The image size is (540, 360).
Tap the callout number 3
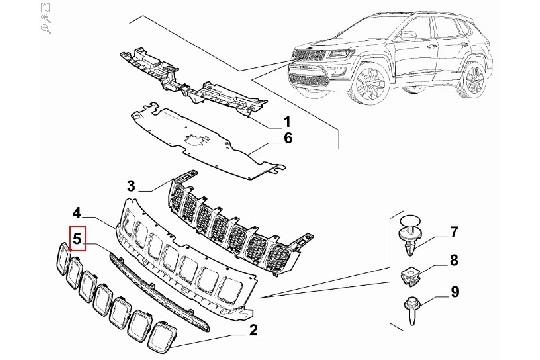157,186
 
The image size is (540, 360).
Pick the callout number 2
254,329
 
